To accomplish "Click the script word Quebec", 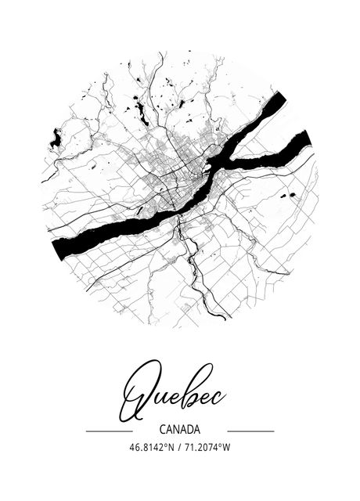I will coord(173,395).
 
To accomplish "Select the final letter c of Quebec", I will coord(220,398).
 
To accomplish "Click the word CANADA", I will coord(179,430).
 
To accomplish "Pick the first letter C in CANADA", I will coord(161,430).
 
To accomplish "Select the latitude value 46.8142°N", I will coord(153,448).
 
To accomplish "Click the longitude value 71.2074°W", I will coord(207,448).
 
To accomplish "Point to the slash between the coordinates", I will coord(180,448).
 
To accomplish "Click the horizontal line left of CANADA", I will coord(109,431).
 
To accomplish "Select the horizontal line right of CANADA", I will coord(250,431).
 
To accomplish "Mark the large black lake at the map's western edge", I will coord(56,139).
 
